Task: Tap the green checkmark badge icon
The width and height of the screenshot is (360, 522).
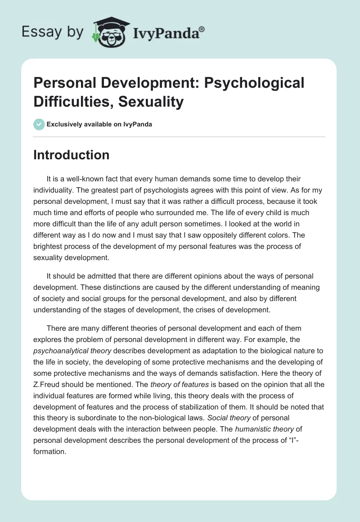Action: pyautogui.click(x=39, y=124)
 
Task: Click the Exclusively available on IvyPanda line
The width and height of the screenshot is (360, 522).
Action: pyautogui.click(x=99, y=125)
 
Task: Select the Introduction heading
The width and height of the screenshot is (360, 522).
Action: pyautogui.click(x=71, y=155)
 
